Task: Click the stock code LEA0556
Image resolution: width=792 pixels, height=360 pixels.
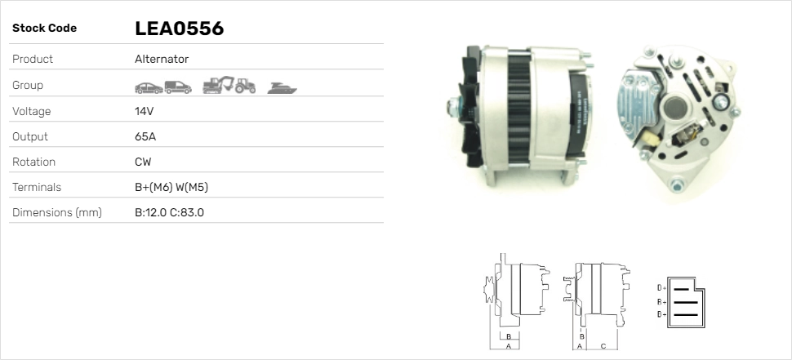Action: (x=180, y=29)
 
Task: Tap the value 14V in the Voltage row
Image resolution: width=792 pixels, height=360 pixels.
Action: (x=144, y=111)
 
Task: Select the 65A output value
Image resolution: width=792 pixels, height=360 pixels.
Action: (x=145, y=136)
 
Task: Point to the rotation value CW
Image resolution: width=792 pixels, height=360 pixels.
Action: (x=143, y=162)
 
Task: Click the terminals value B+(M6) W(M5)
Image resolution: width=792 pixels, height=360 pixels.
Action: (x=171, y=187)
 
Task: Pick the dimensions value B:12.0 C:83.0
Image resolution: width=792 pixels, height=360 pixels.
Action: (x=169, y=212)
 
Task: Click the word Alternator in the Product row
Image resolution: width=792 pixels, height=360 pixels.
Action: (x=162, y=59)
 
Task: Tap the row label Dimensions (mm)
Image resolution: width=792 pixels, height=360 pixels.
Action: (x=57, y=212)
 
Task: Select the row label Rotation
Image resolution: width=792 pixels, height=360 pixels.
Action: (x=33, y=162)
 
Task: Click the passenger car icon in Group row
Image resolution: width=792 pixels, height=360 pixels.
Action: (x=149, y=88)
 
